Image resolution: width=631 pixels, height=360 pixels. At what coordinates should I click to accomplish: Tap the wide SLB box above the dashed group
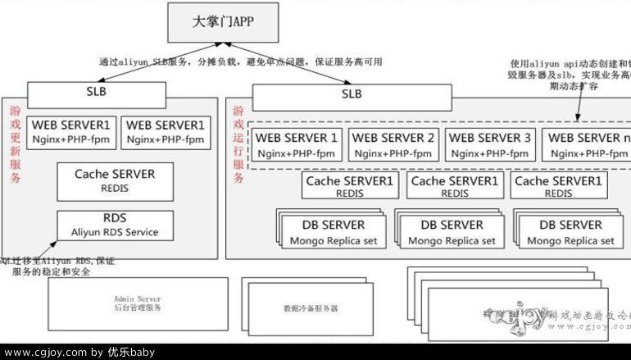click(x=351, y=95)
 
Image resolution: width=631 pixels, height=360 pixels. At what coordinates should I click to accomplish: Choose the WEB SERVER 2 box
click(x=393, y=145)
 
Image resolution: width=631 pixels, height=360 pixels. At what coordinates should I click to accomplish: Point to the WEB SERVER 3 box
click(x=489, y=145)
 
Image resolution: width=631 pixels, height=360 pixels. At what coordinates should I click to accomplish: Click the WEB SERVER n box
click(x=585, y=145)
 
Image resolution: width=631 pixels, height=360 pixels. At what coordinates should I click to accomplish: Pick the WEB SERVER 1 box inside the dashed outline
click(x=297, y=145)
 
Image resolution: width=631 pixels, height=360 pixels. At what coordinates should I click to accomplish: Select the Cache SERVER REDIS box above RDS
click(x=114, y=180)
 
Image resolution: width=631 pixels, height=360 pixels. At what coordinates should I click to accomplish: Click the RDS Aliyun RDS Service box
click(x=115, y=226)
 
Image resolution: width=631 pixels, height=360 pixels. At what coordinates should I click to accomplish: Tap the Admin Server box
click(x=138, y=303)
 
